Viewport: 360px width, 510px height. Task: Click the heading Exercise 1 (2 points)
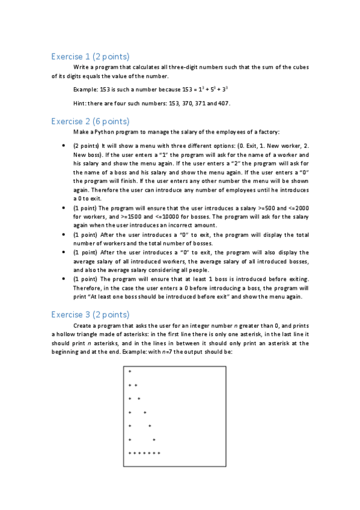(90, 57)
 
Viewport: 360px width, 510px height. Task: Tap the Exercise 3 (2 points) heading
(90, 314)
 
